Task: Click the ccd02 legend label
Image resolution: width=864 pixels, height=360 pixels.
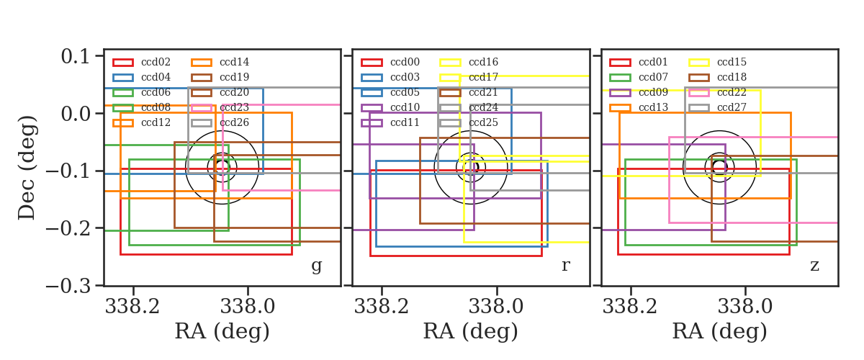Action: (156, 62)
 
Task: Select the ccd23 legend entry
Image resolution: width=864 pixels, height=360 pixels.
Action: (234, 107)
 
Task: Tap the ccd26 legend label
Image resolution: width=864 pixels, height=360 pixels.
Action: (234, 122)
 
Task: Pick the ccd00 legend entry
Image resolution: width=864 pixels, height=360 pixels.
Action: (405, 62)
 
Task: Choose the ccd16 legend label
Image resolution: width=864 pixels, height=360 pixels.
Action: (483, 62)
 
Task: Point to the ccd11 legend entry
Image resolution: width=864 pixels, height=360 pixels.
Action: (405, 122)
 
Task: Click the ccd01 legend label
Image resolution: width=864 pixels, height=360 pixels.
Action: (653, 62)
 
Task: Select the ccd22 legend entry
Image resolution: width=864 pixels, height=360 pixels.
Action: (732, 92)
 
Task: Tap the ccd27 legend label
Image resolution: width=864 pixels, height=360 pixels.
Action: (732, 107)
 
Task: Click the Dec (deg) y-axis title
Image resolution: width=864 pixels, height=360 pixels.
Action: (27, 168)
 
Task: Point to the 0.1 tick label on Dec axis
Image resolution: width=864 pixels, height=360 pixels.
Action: (75, 57)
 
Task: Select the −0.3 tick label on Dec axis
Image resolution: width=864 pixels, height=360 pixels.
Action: (68, 287)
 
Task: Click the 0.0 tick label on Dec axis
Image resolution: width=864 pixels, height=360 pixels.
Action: (75, 114)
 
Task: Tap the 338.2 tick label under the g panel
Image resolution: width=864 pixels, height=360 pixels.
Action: (132, 307)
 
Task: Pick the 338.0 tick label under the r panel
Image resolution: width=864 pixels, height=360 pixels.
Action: (496, 307)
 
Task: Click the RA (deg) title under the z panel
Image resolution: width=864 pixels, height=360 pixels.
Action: (719, 331)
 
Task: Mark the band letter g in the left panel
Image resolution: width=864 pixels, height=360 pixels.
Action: (316, 266)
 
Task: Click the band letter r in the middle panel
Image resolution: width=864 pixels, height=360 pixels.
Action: (565, 266)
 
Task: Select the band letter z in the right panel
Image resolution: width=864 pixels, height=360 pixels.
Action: (814, 266)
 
